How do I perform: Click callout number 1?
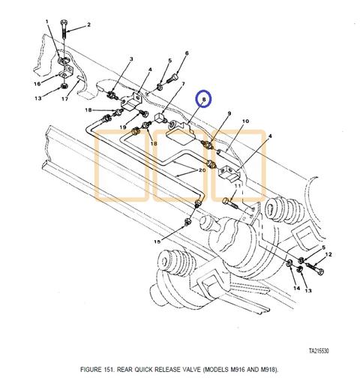(48, 22)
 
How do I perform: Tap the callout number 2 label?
(88, 25)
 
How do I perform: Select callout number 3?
(130, 58)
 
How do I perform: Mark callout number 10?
(244, 121)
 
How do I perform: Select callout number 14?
(295, 288)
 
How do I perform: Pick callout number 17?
(66, 98)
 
